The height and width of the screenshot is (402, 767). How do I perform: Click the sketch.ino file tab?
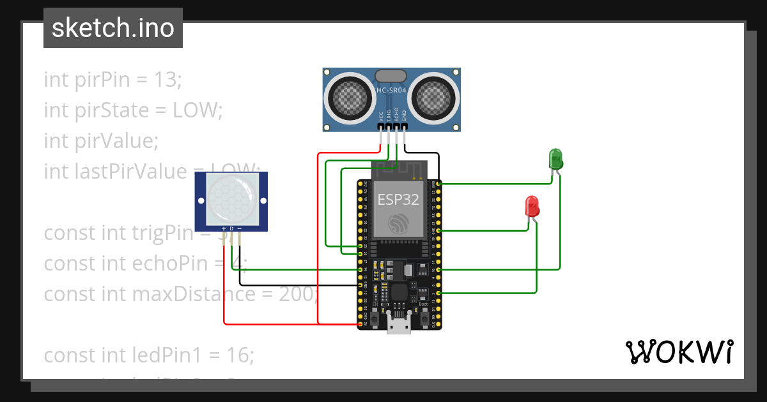click(x=112, y=28)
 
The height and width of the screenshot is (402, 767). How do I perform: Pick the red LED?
click(x=532, y=205)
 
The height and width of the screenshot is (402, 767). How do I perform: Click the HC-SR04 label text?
click(x=391, y=91)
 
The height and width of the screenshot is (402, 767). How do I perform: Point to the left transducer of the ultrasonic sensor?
click(x=349, y=97)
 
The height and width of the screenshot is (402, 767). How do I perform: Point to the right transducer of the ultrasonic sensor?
click(x=434, y=97)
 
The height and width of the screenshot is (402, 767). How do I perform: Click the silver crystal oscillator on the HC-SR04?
click(x=391, y=76)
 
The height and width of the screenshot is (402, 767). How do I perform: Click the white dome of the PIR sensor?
click(x=231, y=197)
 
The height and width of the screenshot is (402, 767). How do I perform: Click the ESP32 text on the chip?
click(x=398, y=200)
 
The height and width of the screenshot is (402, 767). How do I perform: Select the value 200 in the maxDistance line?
click(x=297, y=294)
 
